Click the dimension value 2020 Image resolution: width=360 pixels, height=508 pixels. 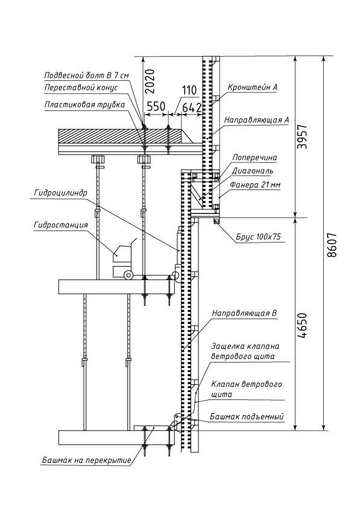(x=150, y=80)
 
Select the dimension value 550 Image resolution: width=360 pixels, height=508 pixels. (x=156, y=106)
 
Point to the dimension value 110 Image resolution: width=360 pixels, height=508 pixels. (x=189, y=90)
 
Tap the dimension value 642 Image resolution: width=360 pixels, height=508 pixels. (x=192, y=108)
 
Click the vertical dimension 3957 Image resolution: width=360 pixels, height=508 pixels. (x=302, y=136)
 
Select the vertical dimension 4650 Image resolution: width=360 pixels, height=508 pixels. (x=302, y=326)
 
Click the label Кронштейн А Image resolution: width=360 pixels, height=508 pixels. (x=253, y=87)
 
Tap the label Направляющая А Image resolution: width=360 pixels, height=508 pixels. (x=256, y=120)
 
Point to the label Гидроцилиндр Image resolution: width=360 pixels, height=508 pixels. (x=60, y=193)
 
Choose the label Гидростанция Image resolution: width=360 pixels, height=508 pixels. (x=60, y=225)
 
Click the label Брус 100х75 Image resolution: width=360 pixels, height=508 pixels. (x=258, y=237)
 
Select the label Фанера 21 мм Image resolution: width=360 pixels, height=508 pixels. (x=255, y=185)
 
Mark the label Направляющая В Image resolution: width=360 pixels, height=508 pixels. (x=244, y=313)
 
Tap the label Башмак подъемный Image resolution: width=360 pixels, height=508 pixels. (x=247, y=417)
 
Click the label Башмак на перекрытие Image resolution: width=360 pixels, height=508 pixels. (x=86, y=460)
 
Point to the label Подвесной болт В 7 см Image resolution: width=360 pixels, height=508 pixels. (x=86, y=75)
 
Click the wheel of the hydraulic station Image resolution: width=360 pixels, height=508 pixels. (x=128, y=275)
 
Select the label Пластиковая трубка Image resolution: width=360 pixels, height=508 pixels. (x=84, y=105)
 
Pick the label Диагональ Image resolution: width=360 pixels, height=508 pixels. (x=253, y=171)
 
